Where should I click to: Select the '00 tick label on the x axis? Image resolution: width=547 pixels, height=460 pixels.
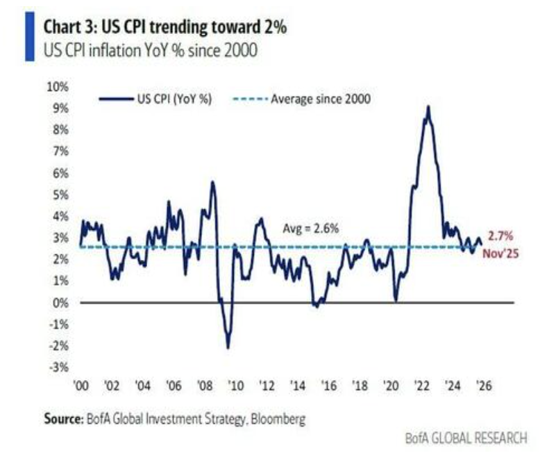click(81, 386)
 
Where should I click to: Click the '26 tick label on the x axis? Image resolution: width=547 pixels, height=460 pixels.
click(484, 386)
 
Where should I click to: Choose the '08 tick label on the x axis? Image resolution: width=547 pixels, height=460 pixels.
click(205, 386)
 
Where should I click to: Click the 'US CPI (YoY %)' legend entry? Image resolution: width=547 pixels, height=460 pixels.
click(174, 99)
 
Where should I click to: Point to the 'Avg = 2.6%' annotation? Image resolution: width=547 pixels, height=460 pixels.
click(310, 228)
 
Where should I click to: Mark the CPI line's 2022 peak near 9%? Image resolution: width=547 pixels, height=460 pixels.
click(428, 106)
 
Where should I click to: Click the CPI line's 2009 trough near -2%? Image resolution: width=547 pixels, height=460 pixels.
click(227, 347)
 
